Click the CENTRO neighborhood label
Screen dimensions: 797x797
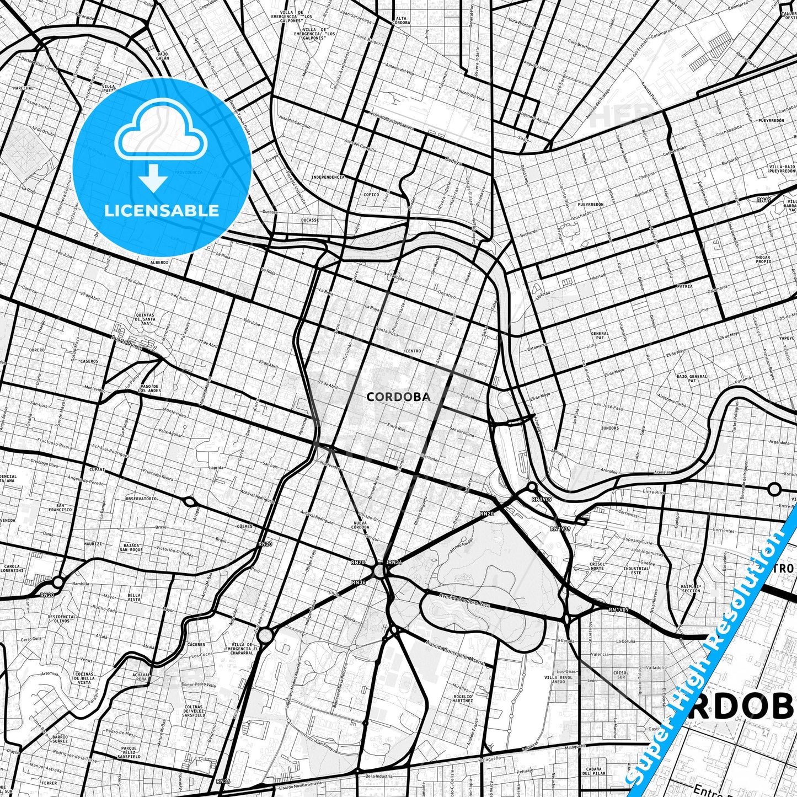413,351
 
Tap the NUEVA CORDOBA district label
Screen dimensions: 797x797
360,525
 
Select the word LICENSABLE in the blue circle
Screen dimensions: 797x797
162,210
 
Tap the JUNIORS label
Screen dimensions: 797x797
610,427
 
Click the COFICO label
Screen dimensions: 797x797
371,195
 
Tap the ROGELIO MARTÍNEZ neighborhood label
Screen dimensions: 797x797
462,698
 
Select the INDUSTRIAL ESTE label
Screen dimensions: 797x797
636,570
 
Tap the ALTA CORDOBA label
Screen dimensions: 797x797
401,20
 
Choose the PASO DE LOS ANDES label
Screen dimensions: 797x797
150,388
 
